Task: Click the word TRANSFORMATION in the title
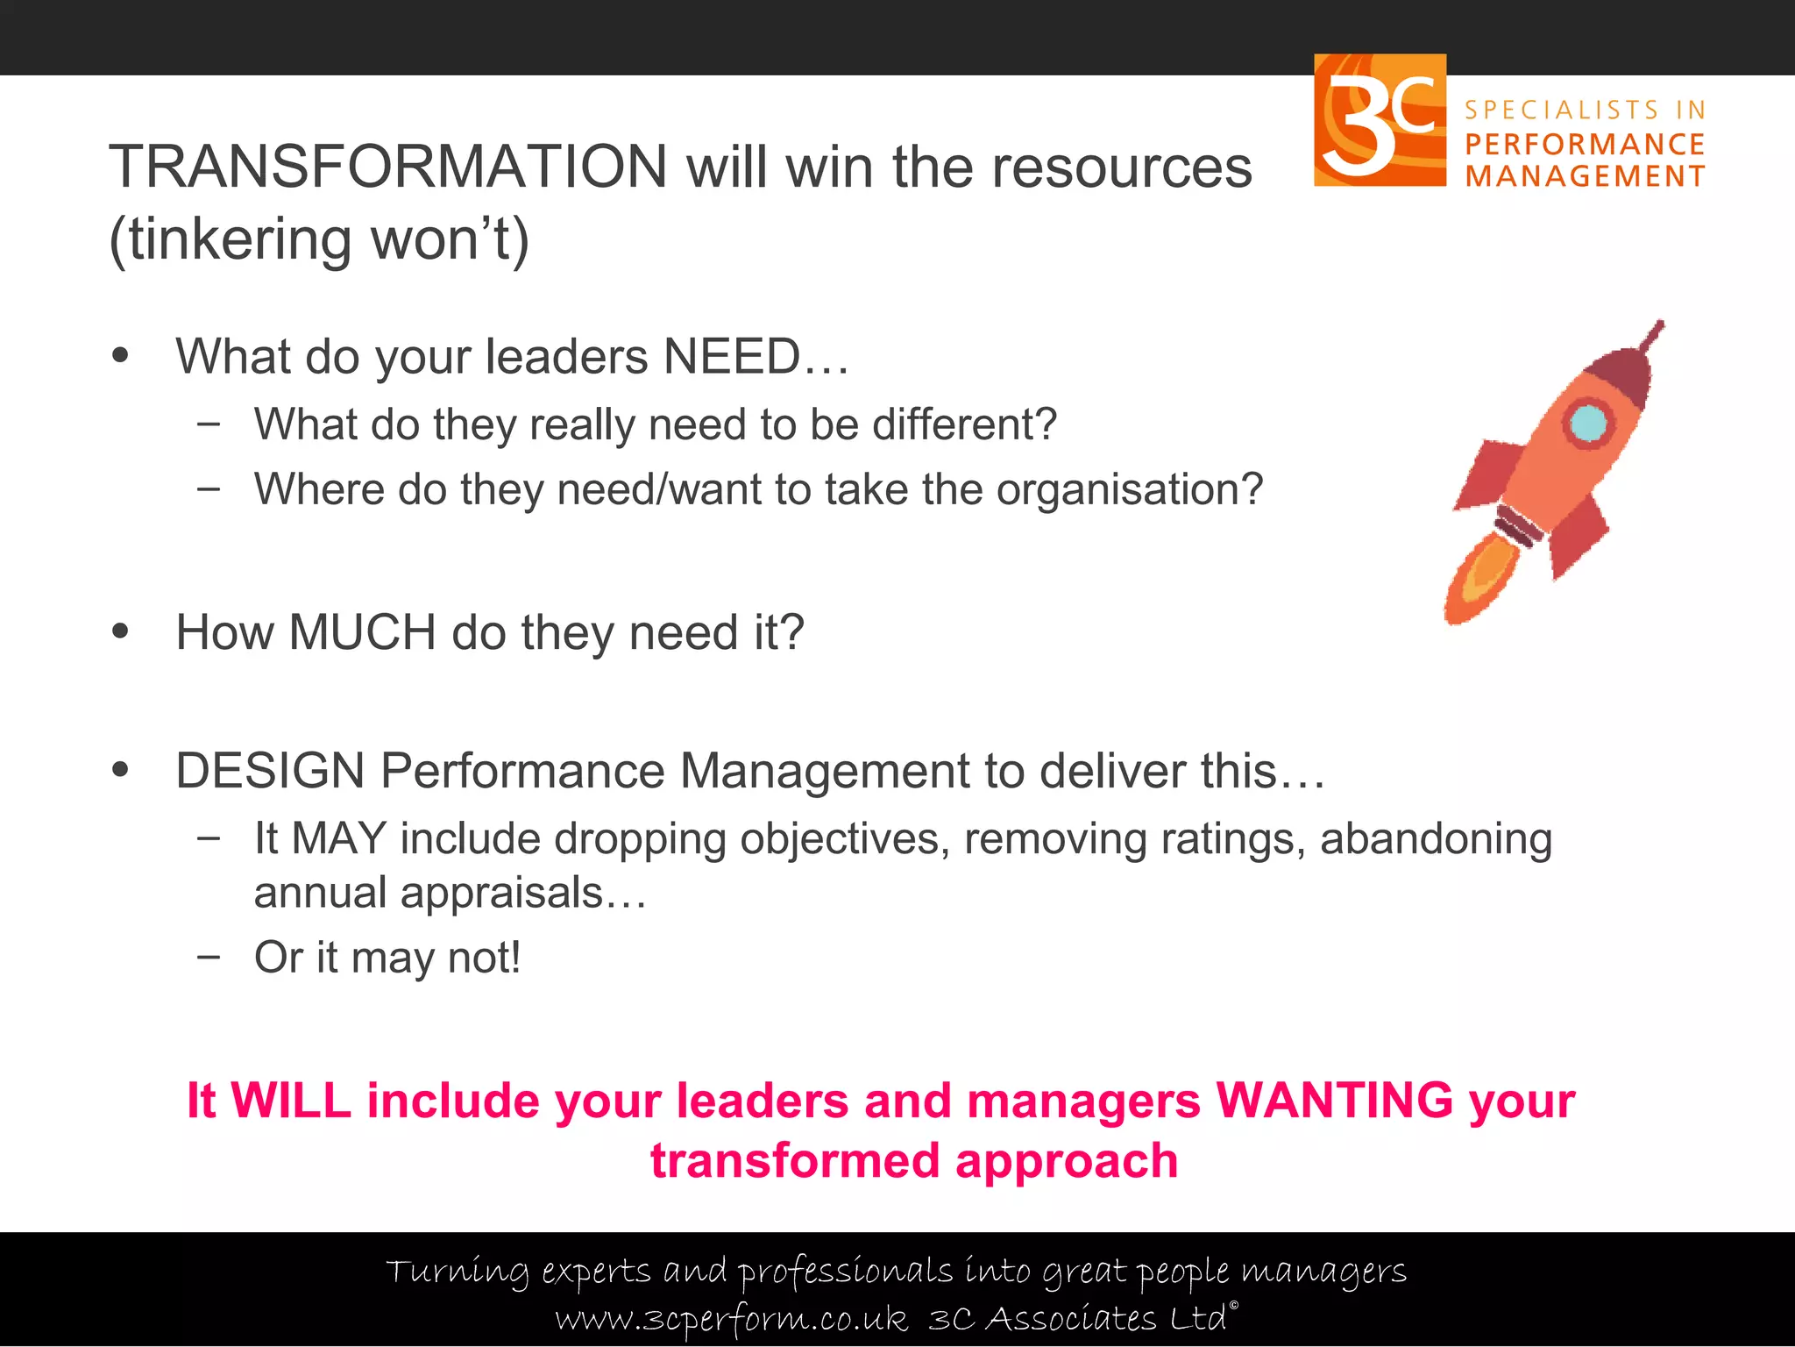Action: pyautogui.click(x=388, y=167)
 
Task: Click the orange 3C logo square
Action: pyautogui.click(x=1379, y=120)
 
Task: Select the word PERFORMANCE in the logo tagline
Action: pyautogui.click(x=1585, y=144)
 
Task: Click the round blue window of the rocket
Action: pyautogui.click(x=1588, y=424)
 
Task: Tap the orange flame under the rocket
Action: pyautogui.click(x=1479, y=581)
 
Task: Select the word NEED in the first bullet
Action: pyautogui.click(x=732, y=357)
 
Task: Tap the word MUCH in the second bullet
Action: pyautogui.click(x=362, y=632)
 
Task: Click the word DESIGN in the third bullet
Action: pyautogui.click(x=270, y=771)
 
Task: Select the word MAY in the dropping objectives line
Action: pyautogui.click(x=338, y=838)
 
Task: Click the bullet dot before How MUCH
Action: pyautogui.click(x=120, y=631)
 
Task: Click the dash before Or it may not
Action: pyautogui.click(x=209, y=957)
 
